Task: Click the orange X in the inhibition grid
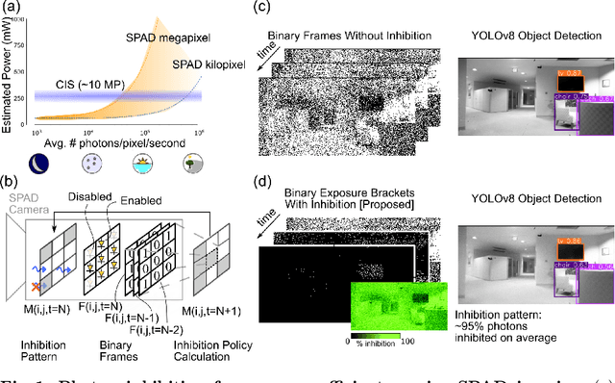click(37, 287)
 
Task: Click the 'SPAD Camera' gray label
click(25, 210)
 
